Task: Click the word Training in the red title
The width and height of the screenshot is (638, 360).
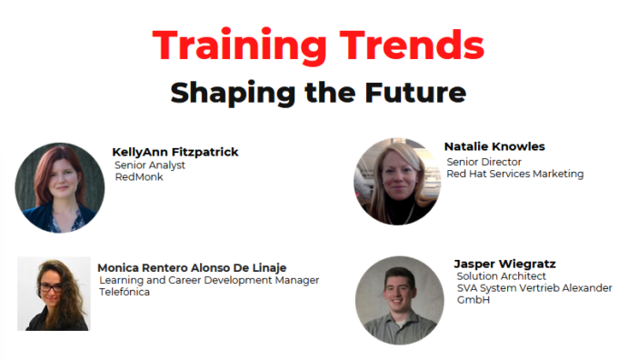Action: tap(240, 45)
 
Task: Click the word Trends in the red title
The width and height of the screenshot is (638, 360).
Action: tap(412, 45)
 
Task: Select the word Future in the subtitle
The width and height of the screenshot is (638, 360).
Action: tap(415, 93)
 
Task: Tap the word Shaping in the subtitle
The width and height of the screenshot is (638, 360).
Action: tap(233, 94)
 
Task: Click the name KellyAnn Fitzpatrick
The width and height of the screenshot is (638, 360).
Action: tap(175, 152)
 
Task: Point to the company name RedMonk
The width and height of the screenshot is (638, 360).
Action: tap(139, 177)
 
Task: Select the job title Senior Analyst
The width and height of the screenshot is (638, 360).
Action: tap(150, 165)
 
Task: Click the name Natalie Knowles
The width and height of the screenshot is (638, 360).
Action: tap(494, 146)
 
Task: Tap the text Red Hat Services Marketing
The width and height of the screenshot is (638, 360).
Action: tap(515, 174)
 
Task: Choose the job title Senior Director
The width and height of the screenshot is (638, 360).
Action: tap(483, 162)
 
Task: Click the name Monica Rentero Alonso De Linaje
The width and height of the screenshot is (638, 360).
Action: tap(192, 268)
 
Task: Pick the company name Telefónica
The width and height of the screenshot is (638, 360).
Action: tap(125, 292)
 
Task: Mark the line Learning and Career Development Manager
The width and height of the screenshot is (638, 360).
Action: tap(209, 280)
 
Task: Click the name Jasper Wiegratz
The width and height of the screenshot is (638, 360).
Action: tap(504, 264)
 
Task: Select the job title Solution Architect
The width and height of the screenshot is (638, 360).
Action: tap(502, 276)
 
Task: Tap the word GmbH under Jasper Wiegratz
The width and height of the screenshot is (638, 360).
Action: tap(474, 300)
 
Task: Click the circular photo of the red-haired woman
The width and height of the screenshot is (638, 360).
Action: tap(60, 187)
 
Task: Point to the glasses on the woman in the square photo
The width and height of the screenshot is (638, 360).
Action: tap(51, 287)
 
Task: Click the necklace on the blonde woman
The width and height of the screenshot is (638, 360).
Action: tap(402, 215)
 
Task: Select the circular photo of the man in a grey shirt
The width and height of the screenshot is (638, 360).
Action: tap(400, 300)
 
